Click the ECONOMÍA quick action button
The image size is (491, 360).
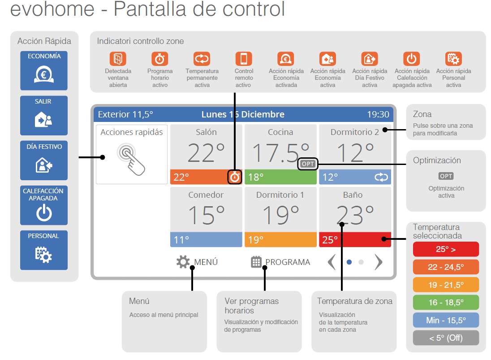pyautogui.click(x=43, y=70)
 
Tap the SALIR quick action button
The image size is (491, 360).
pyautogui.click(x=43, y=115)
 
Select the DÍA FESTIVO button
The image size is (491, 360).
pyautogui.click(x=43, y=160)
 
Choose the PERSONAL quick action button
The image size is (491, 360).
pyautogui.click(x=43, y=250)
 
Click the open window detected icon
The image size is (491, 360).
pyautogui.click(x=118, y=59)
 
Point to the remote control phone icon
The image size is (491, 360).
pyautogui.click(x=244, y=59)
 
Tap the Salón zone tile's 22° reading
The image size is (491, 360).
pyautogui.click(x=206, y=152)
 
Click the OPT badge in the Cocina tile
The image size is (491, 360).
pyautogui.click(x=308, y=164)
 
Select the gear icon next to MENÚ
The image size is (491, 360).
pyautogui.click(x=183, y=262)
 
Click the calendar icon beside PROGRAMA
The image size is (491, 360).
pyautogui.click(x=256, y=262)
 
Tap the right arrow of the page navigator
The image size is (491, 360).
pyautogui.click(x=379, y=262)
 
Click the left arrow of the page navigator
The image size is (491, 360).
pyautogui.click(x=332, y=262)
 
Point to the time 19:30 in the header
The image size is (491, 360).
pyautogui.click(x=378, y=114)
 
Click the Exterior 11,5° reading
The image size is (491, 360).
pyautogui.click(x=125, y=114)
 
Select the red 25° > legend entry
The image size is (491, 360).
pyautogui.click(x=445, y=249)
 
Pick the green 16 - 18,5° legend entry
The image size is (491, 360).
pyautogui.click(x=445, y=303)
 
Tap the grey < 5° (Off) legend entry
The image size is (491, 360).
pyautogui.click(x=445, y=338)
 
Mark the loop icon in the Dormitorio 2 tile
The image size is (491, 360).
pyautogui.click(x=381, y=178)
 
